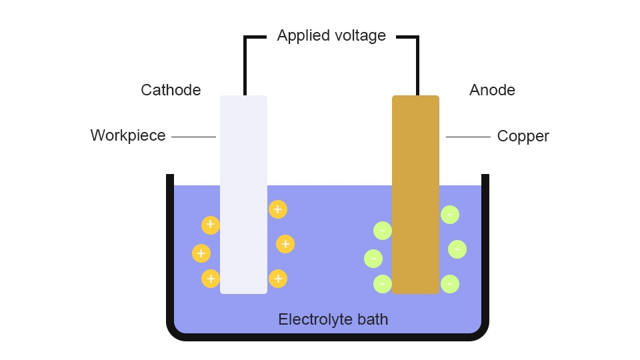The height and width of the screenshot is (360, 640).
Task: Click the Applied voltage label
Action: point(331,36)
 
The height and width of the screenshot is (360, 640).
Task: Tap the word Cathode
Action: point(171,90)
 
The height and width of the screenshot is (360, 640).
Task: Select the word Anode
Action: point(492,90)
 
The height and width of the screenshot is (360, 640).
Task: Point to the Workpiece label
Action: point(128,136)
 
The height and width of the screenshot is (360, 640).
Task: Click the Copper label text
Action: point(523,137)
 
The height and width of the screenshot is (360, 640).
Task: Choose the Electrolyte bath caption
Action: point(333,319)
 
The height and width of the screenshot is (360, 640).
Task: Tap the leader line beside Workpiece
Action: point(193,137)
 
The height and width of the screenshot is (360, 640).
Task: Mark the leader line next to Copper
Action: point(468,137)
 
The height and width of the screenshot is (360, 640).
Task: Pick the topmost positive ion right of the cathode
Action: point(278,209)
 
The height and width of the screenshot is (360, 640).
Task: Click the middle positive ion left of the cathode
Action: point(201,253)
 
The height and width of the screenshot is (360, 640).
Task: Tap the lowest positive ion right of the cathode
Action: point(278,279)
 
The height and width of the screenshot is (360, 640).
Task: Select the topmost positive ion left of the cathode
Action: point(210,225)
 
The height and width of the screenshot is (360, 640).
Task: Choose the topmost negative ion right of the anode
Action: point(450,215)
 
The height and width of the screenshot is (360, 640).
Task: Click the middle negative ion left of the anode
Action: point(373,258)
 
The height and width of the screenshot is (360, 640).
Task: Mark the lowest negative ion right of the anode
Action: point(450,284)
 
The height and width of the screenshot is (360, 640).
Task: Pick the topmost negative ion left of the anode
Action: point(383,231)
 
